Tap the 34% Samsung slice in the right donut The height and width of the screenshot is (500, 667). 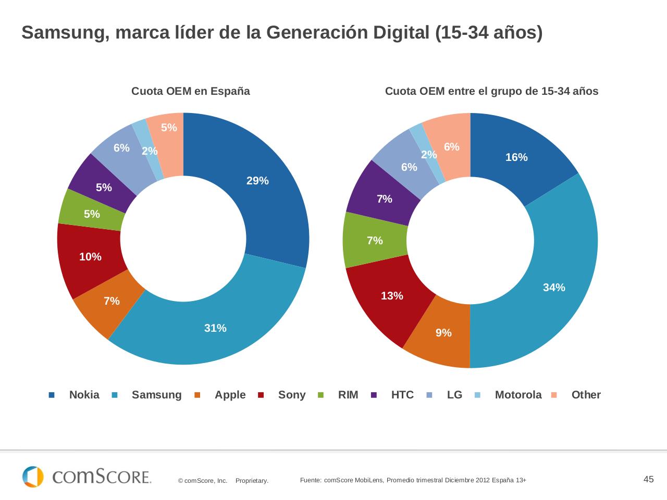558,271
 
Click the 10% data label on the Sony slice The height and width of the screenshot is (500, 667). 90,257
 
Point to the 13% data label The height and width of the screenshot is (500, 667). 392,296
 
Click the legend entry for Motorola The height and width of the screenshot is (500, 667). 518,395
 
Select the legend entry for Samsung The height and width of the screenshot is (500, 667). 156,395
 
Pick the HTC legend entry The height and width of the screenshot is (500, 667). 402,395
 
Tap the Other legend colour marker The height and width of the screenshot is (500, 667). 554,395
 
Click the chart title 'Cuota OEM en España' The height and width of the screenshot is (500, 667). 190,91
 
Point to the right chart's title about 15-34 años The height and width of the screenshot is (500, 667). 491,91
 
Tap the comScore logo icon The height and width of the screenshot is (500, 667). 33,477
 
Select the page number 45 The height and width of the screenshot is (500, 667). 648,479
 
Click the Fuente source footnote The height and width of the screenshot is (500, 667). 413,480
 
